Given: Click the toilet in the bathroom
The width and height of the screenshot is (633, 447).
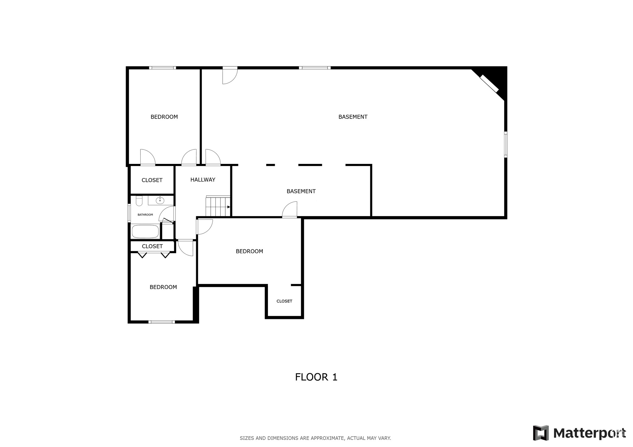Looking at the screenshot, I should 139,201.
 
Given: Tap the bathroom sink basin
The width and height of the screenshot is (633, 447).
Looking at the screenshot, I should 160,201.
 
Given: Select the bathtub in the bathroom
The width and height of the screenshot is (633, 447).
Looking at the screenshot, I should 145,232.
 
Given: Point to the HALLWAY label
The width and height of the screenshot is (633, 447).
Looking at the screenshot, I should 203,180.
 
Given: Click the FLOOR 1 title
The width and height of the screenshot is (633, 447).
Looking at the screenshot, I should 316,377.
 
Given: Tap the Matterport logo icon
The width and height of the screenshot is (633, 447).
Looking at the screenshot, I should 541,433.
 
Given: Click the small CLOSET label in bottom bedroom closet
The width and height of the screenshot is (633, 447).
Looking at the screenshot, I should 284,301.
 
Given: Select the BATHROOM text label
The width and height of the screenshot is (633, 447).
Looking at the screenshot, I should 145,215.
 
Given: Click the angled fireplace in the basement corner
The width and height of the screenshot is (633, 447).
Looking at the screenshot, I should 489,84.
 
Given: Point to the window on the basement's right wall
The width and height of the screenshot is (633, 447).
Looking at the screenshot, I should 506,144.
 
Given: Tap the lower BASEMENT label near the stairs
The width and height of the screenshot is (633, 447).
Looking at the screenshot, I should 301,191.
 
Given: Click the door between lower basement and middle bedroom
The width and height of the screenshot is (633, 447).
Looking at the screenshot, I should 290,210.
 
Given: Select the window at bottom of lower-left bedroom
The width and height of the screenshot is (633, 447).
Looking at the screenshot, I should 161,322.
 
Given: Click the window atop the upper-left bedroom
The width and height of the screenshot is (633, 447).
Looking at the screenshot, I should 163,68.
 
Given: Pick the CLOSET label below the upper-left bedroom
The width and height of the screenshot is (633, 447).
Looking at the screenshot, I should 152,180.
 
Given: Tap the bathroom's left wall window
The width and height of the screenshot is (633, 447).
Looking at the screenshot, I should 130,213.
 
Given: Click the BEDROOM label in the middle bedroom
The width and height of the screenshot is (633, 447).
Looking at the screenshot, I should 249,251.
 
